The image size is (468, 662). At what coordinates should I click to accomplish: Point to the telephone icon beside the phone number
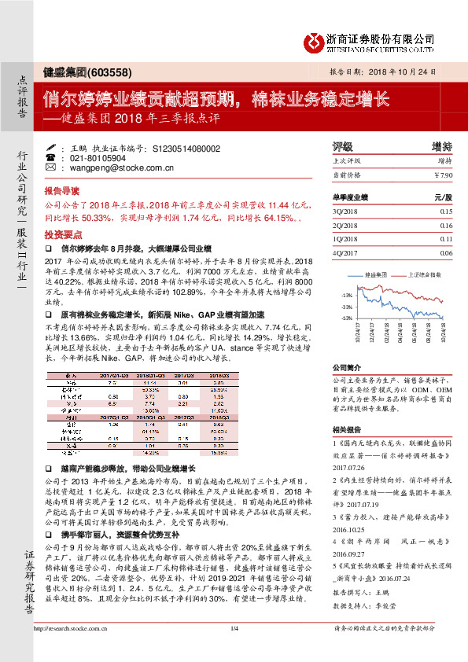point(50,158)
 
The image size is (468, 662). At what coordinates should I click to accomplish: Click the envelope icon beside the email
point(50,168)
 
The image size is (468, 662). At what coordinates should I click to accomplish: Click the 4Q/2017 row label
point(345,253)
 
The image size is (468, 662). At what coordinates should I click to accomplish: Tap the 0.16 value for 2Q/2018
point(446,226)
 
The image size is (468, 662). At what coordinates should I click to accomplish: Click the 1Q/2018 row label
point(345,239)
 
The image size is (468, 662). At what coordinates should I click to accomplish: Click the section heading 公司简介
point(345,366)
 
